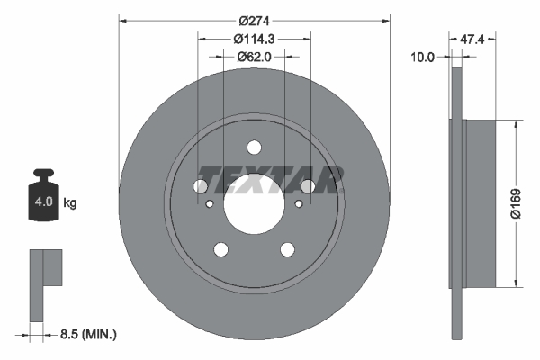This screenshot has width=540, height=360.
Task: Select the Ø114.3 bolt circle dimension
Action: pos(254,39)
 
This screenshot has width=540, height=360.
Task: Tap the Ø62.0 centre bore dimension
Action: pos(255,57)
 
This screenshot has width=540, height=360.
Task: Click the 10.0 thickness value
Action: pos(423,57)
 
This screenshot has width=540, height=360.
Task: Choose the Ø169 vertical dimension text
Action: pos(528,203)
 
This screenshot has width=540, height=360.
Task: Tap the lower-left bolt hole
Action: pos(220,250)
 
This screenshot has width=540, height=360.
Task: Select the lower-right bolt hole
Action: pos(287,250)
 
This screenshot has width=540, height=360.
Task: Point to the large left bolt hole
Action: pos(200,186)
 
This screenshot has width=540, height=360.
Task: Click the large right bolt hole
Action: pos(308,186)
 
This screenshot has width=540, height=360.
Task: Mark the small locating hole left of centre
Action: pos(210,204)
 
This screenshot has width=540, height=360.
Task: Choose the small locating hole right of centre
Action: pos(298,204)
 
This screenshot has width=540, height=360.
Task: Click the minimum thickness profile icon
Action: pos(45,279)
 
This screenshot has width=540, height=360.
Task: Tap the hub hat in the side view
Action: pos(480,203)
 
